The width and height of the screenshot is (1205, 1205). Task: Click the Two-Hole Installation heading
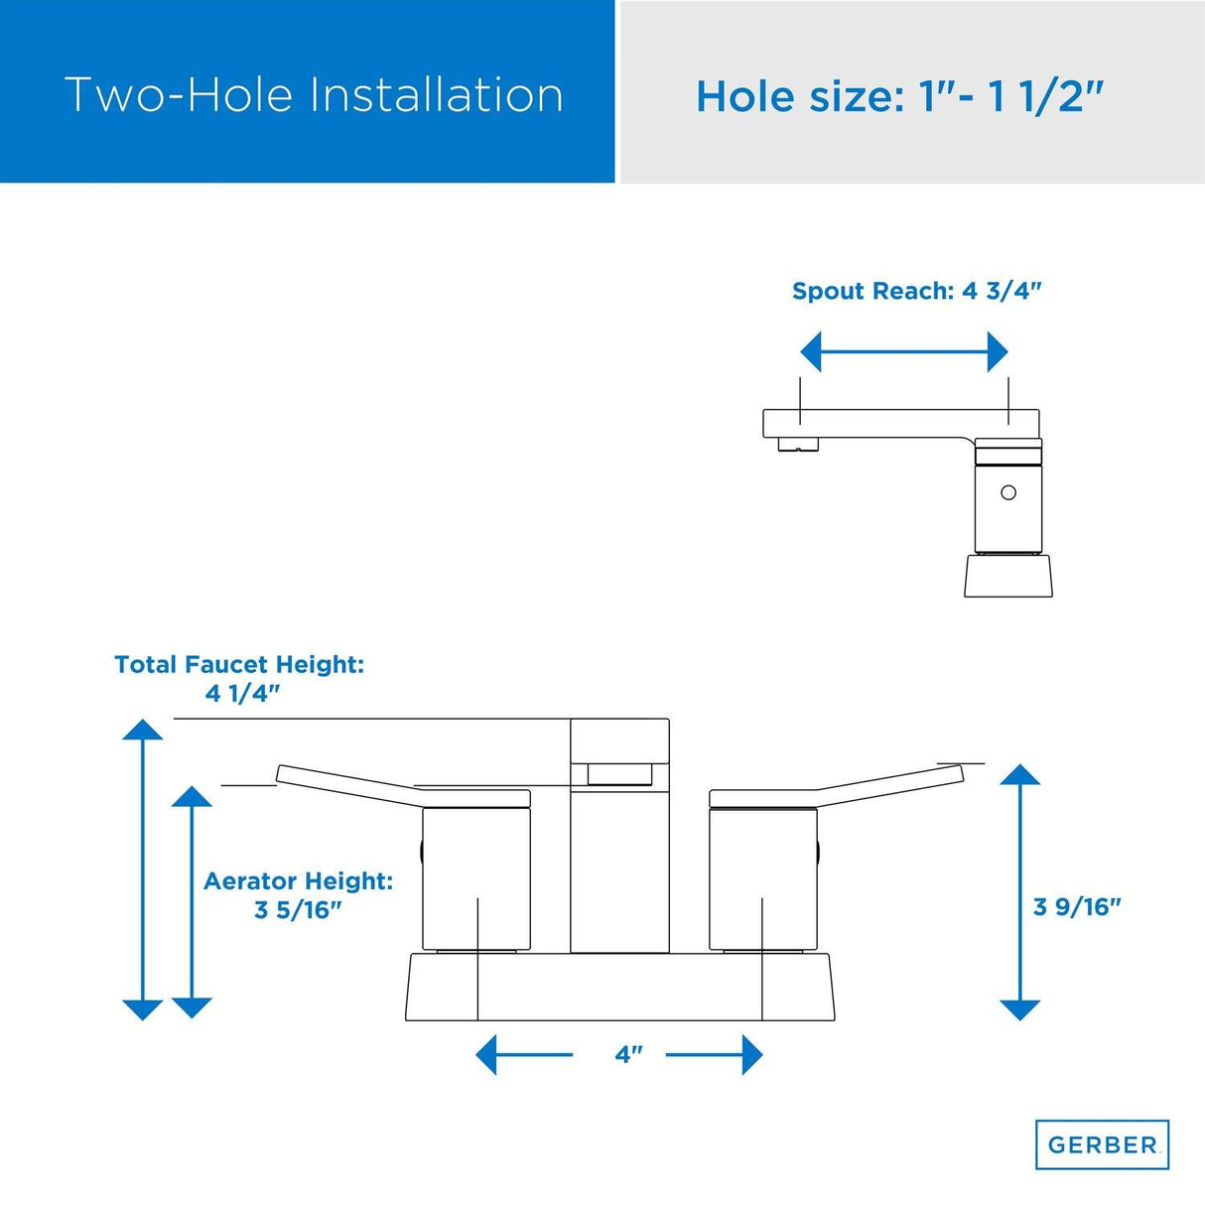pos(314,95)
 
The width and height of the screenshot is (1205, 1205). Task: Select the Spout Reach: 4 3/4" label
pos(917,292)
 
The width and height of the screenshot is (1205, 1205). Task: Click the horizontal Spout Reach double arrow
pos(904,352)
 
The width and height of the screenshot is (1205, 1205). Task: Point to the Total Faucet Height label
pos(239,678)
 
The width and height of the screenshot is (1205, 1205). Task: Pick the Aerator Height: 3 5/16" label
pos(299,895)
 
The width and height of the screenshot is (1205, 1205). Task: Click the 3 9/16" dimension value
pos(1077,906)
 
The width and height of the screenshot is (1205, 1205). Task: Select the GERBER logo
pos(1102,1144)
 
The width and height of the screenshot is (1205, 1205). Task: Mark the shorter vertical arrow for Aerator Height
pos(192,901)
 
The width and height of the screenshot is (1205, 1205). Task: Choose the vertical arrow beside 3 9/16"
pos(1020,891)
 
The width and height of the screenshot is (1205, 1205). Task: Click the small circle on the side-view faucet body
pos(1008,492)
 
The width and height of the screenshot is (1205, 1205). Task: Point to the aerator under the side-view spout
pos(798,444)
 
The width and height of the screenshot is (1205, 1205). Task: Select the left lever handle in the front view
pos(404,787)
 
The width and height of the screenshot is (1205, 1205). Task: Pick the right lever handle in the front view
pos(837,787)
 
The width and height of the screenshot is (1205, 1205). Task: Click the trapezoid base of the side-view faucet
pos(1008,576)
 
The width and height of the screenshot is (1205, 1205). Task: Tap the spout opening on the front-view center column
pos(619,773)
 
